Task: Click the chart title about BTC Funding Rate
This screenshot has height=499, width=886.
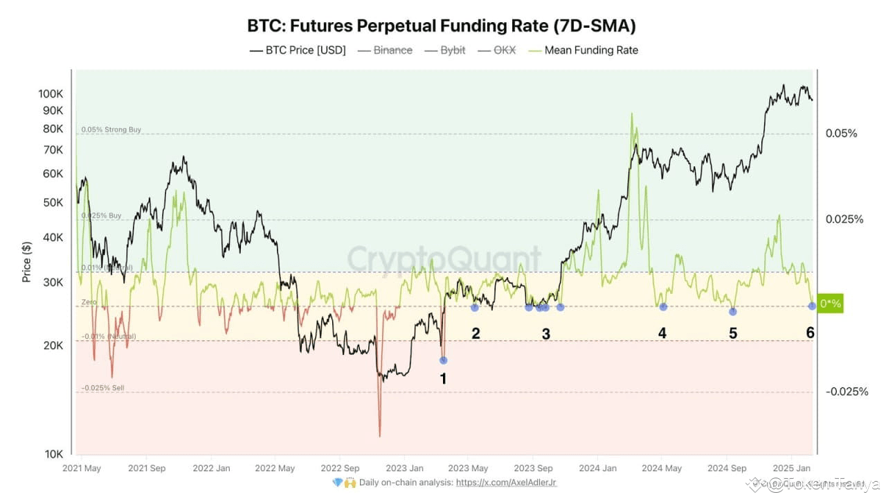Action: click(x=442, y=26)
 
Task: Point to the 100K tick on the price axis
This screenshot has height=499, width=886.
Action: click(x=51, y=94)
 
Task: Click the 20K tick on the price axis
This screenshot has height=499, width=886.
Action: click(x=53, y=346)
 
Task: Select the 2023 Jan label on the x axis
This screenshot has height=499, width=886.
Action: click(x=405, y=469)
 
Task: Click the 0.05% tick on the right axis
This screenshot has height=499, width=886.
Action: click(x=841, y=133)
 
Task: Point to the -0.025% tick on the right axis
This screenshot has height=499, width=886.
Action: click(x=846, y=392)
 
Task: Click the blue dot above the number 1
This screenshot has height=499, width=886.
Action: click(x=444, y=360)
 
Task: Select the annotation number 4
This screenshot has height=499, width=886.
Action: click(x=662, y=333)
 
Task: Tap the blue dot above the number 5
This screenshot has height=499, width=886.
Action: click(x=733, y=311)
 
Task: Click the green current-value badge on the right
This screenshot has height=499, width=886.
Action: click(x=831, y=304)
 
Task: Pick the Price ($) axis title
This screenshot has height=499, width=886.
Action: click(x=27, y=261)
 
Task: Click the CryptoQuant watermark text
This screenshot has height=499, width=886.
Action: click(x=444, y=259)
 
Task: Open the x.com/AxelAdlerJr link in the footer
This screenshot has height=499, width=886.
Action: click(x=507, y=482)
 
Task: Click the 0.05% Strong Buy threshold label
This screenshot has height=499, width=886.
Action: click(x=111, y=130)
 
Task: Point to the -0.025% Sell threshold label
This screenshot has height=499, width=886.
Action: click(x=102, y=388)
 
